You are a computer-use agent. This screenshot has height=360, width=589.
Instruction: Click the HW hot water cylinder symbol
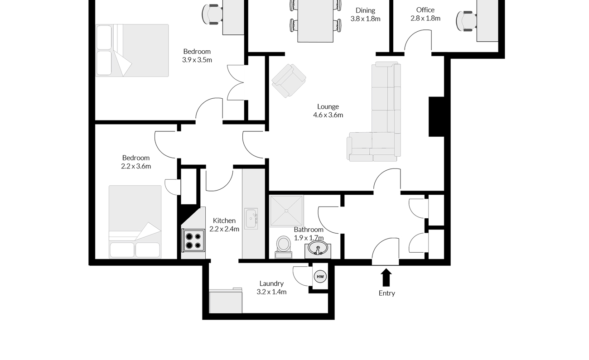(x=320, y=276)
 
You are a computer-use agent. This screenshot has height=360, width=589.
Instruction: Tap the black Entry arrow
(x=386, y=277)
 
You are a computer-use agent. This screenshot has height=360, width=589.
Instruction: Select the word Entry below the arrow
(x=387, y=293)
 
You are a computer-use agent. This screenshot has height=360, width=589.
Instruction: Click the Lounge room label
(x=328, y=106)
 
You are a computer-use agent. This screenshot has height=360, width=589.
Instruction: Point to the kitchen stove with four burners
(x=193, y=240)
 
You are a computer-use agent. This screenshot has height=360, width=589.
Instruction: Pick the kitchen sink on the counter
(x=251, y=219)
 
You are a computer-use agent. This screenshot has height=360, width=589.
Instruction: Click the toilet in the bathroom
(x=284, y=247)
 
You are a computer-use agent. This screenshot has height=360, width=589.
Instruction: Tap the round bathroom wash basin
(x=318, y=248)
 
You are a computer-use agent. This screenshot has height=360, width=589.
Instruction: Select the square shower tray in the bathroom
(x=286, y=211)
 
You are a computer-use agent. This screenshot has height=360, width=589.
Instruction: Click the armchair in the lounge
(x=289, y=81)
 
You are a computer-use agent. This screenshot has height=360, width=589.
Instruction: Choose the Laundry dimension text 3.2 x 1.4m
(x=272, y=292)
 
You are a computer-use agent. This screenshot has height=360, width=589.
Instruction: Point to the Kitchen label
(x=224, y=221)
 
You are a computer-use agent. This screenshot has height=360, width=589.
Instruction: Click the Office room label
(x=425, y=10)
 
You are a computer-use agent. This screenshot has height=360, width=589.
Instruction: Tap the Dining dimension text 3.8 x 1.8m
(x=365, y=19)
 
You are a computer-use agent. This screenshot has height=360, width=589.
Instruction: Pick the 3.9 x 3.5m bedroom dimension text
(x=197, y=60)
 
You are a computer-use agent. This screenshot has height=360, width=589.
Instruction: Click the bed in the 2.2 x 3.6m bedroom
(x=135, y=222)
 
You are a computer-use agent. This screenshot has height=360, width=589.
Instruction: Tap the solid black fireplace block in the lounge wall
(x=436, y=117)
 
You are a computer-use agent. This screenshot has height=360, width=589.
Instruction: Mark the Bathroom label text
(x=309, y=230)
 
